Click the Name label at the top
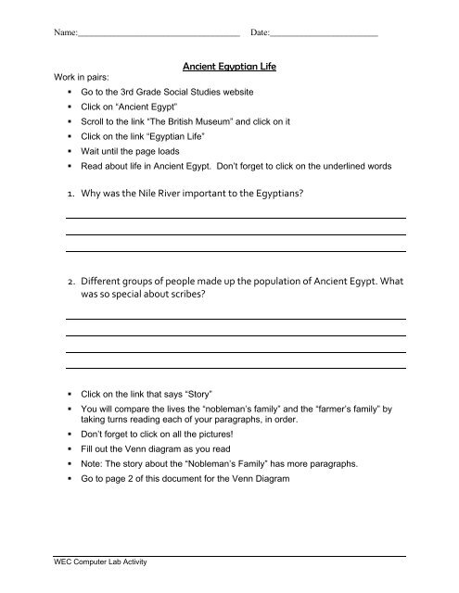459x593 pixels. click(x=65, y=32)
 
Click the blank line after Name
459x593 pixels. click(x=158, y=34)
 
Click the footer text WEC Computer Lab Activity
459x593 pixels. click(x=100, y=563)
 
